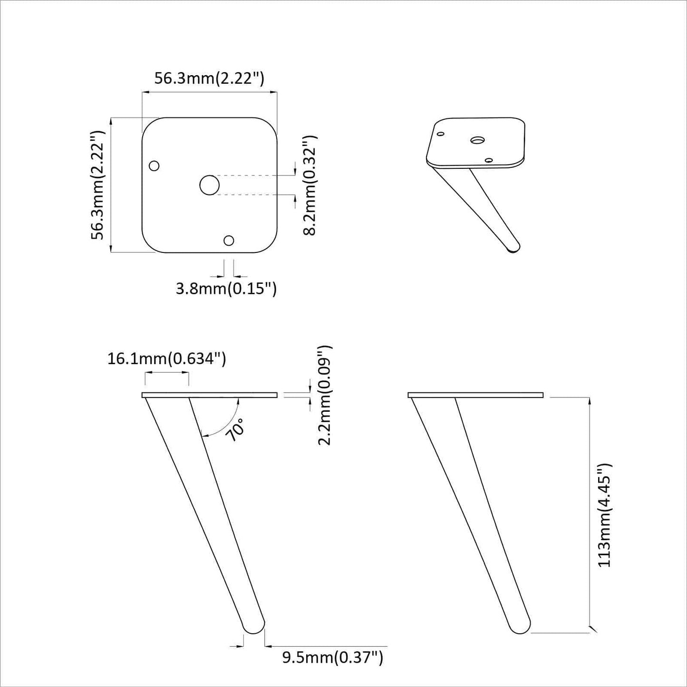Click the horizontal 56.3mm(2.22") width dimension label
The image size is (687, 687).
[x=209, y=78]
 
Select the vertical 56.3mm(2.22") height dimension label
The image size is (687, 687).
[x=98, y=185]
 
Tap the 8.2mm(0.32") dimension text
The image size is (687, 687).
[x=310, y=185]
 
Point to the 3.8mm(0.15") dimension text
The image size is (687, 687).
[x=226, y=289]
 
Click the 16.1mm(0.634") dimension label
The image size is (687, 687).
[x=166, y=358]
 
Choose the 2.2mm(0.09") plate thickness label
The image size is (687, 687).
[x=325, y=395]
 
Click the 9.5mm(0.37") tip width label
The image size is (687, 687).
[x=333, y=658]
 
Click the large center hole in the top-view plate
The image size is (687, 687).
[x=209, y=185]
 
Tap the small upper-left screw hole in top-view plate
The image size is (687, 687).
[x=154, y=165]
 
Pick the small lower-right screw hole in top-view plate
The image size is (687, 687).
[x=229, y=241]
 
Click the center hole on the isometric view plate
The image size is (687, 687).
[x=477, y=140]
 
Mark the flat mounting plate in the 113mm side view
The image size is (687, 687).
[x=475, y=395]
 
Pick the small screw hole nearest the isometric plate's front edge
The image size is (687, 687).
[x=488, y=160]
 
